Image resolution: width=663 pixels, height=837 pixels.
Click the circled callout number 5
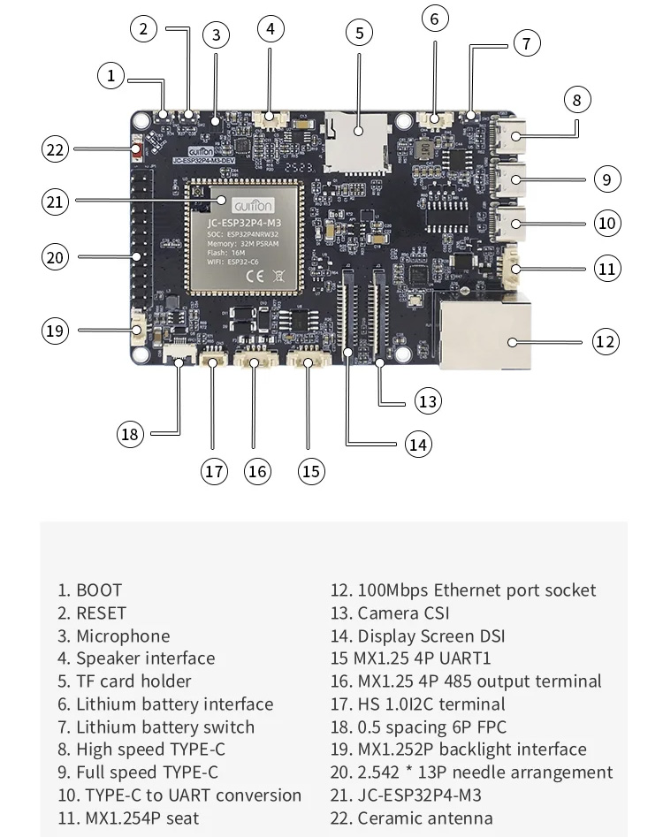[x=359, y=34]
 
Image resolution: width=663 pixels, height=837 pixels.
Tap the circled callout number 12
[x=605, y=341]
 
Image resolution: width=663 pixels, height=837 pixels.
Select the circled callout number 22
[x=56, y=150]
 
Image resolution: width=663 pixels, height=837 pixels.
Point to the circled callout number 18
[x=131, y=433]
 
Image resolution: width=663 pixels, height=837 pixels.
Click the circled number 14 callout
[x=418, y=444]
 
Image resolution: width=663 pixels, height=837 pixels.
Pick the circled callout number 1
[x=111, y=76]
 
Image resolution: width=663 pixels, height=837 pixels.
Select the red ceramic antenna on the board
[x=138, y=152]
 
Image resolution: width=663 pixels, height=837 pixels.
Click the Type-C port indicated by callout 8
[x=512, y=136]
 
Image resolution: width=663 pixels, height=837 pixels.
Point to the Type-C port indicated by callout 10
[x=512, y=222]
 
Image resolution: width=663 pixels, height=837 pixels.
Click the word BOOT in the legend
[x=99, y=590]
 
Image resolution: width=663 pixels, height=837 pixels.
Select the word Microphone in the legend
[x=123, y=635]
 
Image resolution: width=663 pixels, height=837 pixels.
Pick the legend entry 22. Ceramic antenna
[x=411, y=818]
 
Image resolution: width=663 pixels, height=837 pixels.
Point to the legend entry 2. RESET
[x=92, y=613]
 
